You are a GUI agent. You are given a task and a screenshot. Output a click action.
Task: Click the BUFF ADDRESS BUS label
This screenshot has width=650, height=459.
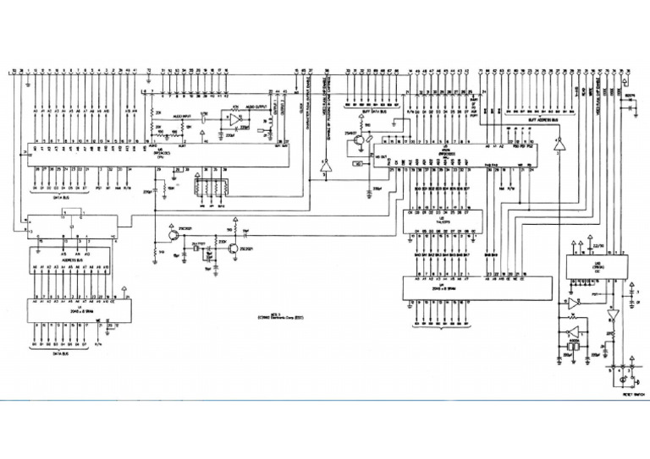coord(542,120)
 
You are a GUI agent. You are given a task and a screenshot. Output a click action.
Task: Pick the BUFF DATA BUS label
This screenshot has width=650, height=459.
coord(372,112)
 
